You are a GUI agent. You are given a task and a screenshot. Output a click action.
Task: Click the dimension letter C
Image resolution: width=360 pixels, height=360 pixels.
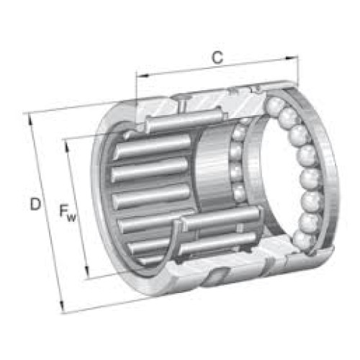coord(217,58)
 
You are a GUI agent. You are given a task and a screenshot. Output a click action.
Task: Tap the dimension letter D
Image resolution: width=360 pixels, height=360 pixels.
coord(35,204)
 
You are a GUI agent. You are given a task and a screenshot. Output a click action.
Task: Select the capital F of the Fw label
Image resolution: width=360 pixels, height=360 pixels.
coord(63,211)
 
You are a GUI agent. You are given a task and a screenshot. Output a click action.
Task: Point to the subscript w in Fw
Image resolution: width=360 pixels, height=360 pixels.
coord(71,218)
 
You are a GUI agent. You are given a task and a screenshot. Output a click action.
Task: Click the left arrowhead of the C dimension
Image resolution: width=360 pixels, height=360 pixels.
coord(143,76)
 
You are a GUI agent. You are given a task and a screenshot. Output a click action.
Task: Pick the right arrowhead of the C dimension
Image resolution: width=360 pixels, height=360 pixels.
coord(291,58)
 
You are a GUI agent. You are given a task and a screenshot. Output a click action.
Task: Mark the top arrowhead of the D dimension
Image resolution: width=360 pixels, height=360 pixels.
coord(30,120)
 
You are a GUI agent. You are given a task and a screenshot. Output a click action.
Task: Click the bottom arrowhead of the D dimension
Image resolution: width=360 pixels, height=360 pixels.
coord(62,307)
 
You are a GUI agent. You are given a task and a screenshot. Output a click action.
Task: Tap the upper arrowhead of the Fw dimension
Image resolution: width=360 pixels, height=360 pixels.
coord(67,147)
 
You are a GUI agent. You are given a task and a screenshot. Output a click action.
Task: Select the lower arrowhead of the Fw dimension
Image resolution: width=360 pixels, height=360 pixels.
coord(87,272)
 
